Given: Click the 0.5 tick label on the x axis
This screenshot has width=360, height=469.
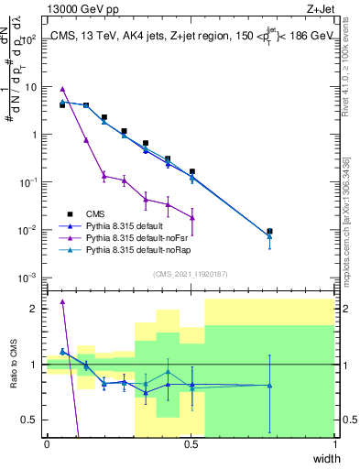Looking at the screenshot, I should pyautogui.click(x=191, y=444).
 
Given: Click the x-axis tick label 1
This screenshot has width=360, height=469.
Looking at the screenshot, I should pyautogui.click(x=334, y=444).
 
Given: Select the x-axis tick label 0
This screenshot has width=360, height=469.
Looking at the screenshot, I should pyautogui.click(x=47, y=444).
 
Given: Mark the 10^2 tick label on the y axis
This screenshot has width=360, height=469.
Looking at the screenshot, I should pyautogui.click(x=28, y=39).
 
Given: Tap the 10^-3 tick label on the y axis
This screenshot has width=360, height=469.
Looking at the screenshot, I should pyautogui.click(x=27, y=277).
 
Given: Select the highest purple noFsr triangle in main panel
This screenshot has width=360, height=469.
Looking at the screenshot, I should pyautogui.click(x=62, y=89).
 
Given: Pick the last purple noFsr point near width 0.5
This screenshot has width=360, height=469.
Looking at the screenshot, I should pyautogui.click(x=192, y=217).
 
